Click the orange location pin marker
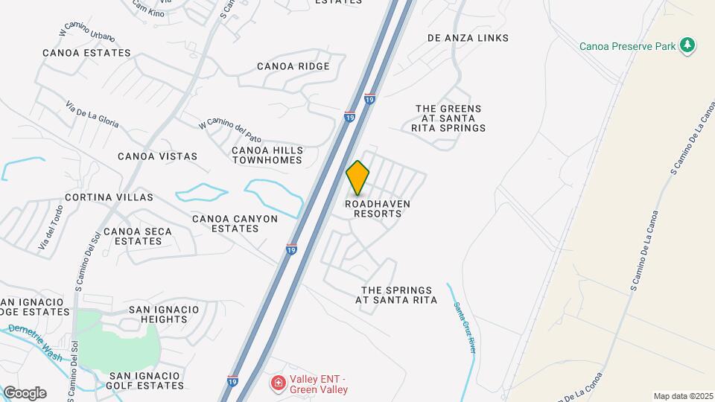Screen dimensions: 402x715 point(358,177)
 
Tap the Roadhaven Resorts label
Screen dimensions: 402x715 point(378,208)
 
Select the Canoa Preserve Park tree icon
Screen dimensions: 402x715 point(688,46)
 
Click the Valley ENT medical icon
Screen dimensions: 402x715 point(277,383)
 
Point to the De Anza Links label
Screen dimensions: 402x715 point(468,38)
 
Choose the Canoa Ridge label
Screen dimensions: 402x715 point(293,66)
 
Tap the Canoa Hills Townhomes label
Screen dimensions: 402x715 point(267,155)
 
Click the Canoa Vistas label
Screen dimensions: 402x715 point(158,156)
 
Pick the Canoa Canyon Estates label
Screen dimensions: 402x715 point(235,223)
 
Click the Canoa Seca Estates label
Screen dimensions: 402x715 point(138,236)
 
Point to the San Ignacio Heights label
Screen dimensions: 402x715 point(164,314)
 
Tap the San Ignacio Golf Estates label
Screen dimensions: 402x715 point(146,380)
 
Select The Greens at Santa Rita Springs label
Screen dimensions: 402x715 point(448,118)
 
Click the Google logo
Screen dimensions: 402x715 point(24,392)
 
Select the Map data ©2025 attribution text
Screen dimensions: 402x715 point(682,396)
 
